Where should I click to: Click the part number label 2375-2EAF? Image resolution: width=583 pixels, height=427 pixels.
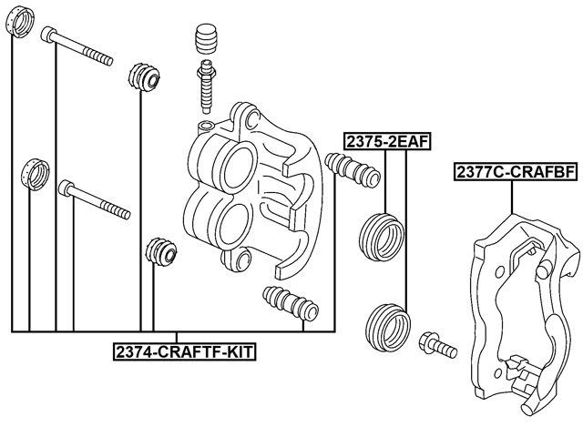(386, 140)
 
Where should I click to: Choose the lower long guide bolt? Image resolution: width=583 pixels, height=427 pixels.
(94, 201)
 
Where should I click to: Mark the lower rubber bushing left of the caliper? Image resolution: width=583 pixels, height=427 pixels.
(159, 249)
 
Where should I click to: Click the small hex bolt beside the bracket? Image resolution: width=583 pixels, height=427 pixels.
(437, 346)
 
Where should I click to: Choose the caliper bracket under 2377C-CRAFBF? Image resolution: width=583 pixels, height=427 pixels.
(519, 310)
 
